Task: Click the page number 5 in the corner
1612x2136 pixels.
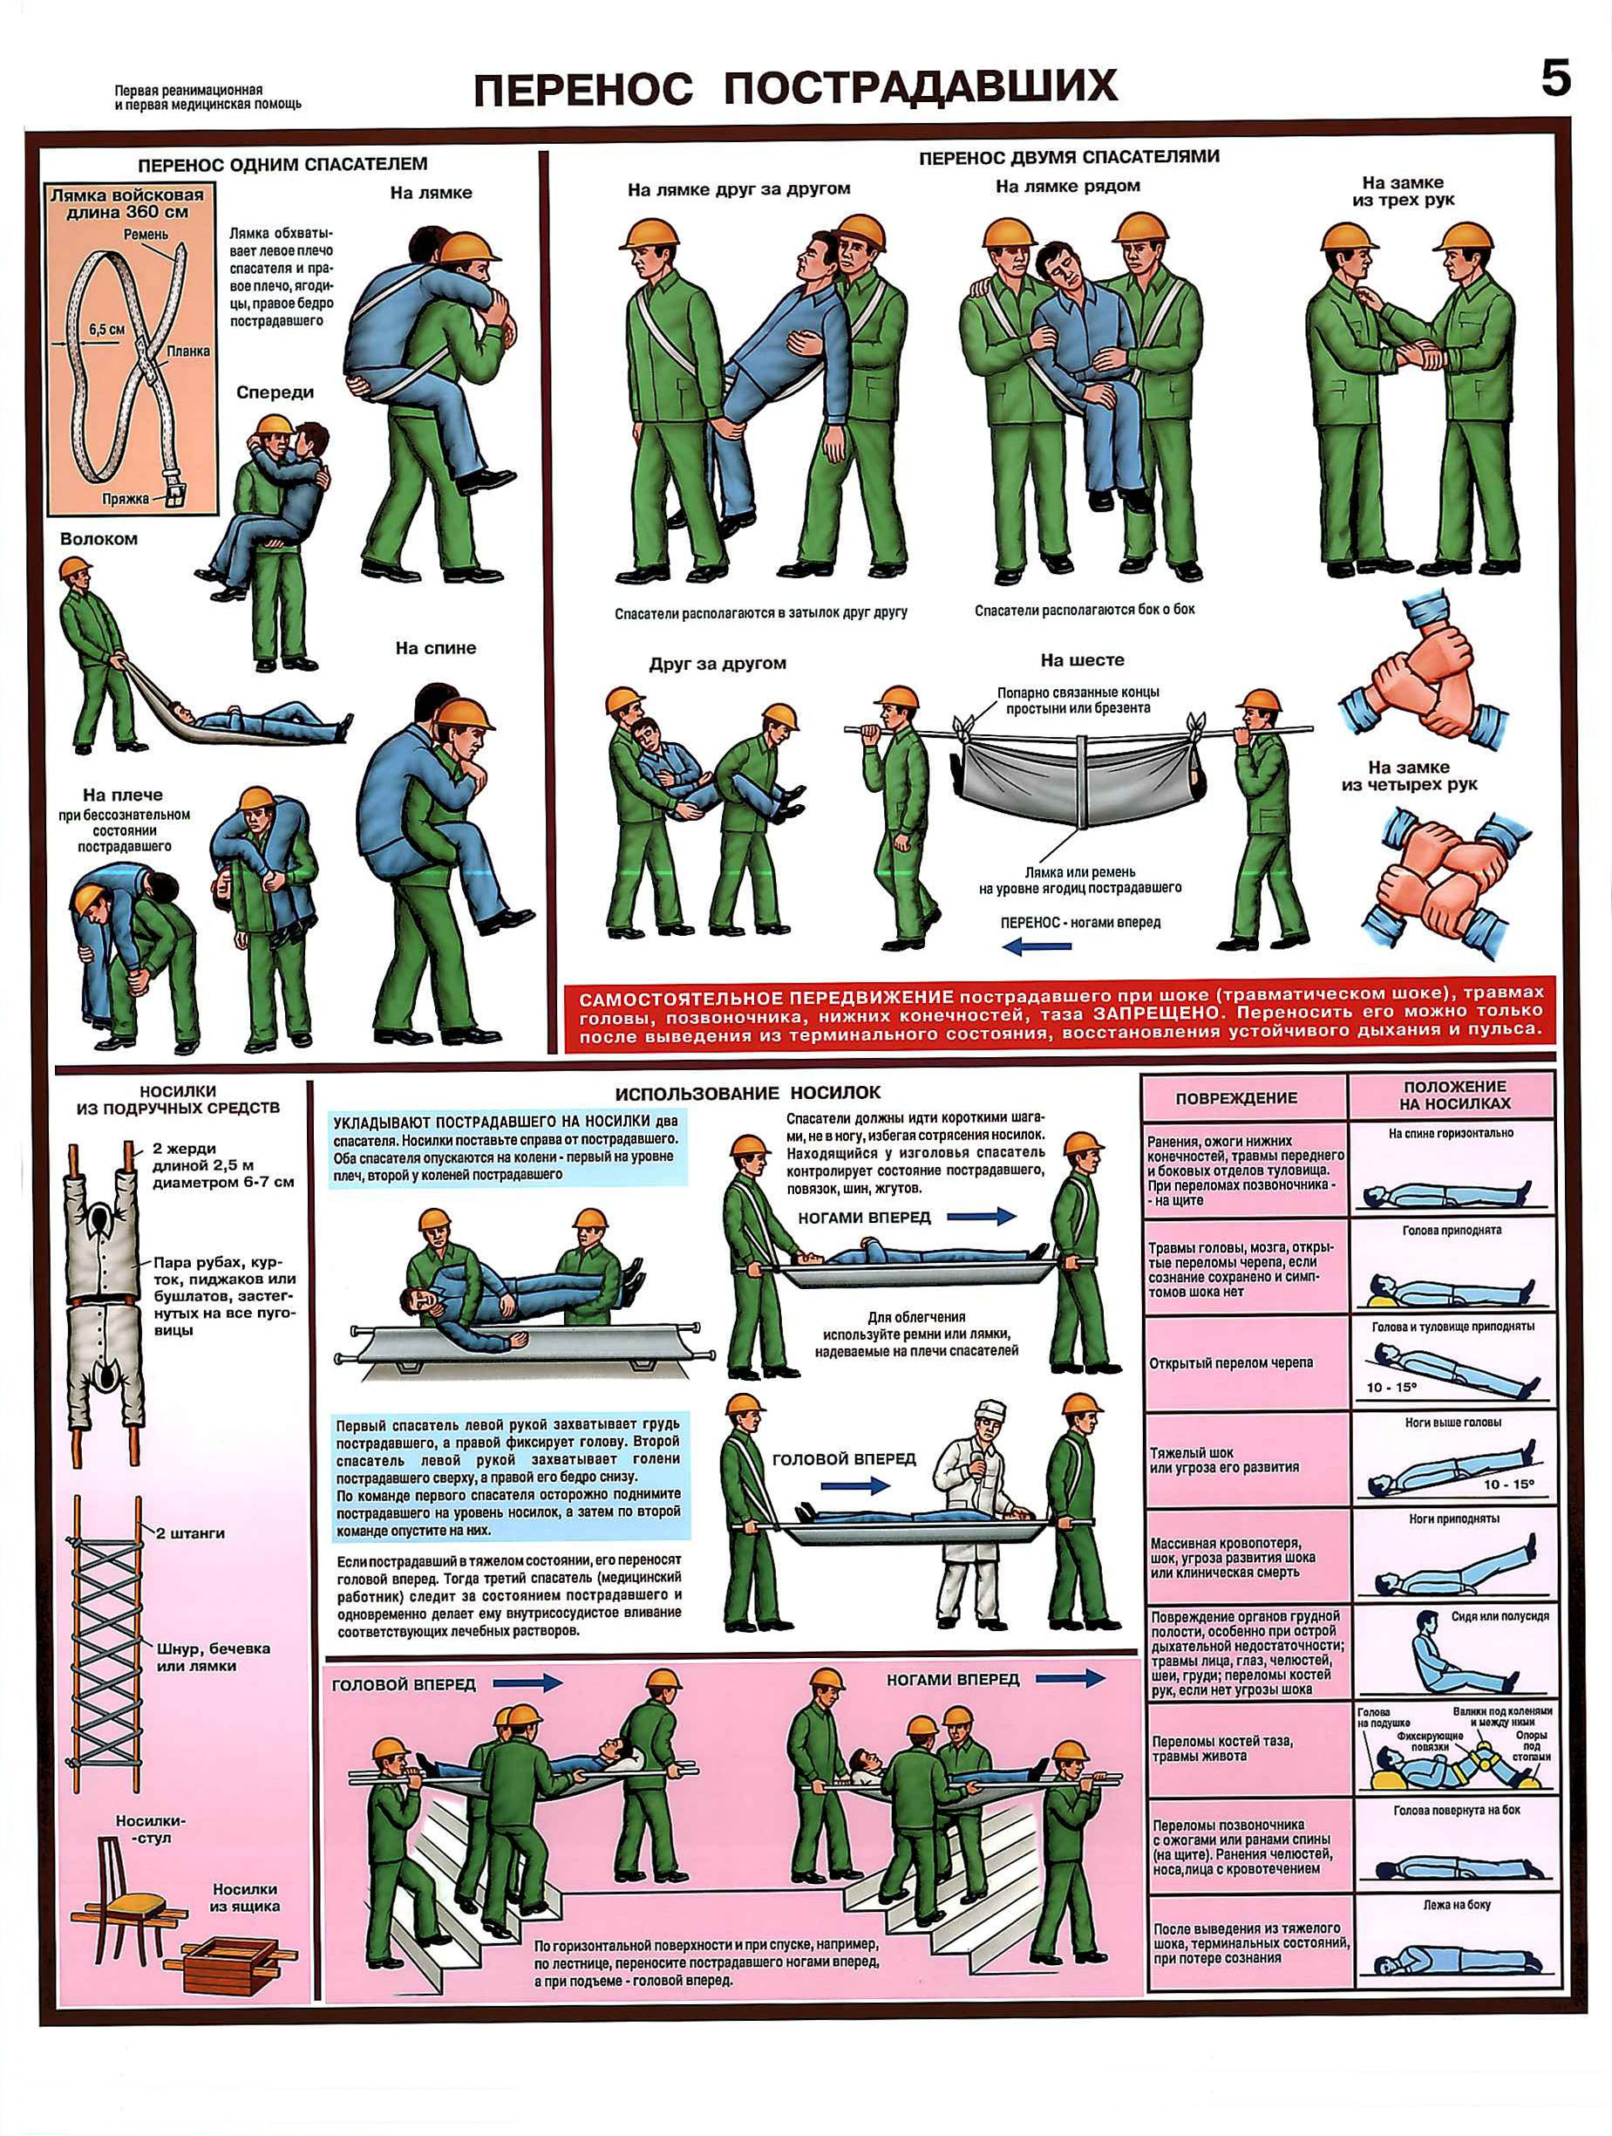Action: (1555, 78)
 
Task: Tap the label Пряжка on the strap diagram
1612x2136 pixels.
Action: (126, 498)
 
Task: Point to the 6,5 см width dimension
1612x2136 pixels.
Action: (107, 328)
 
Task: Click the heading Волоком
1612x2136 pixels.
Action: (99, 539)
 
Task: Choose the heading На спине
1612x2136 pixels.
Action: (435, 648)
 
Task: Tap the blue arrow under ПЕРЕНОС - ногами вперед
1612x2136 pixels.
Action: (1037, 946)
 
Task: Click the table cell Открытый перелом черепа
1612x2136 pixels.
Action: (1231, 1362)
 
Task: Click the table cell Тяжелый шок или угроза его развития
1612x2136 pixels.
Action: (1224, 1459)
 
